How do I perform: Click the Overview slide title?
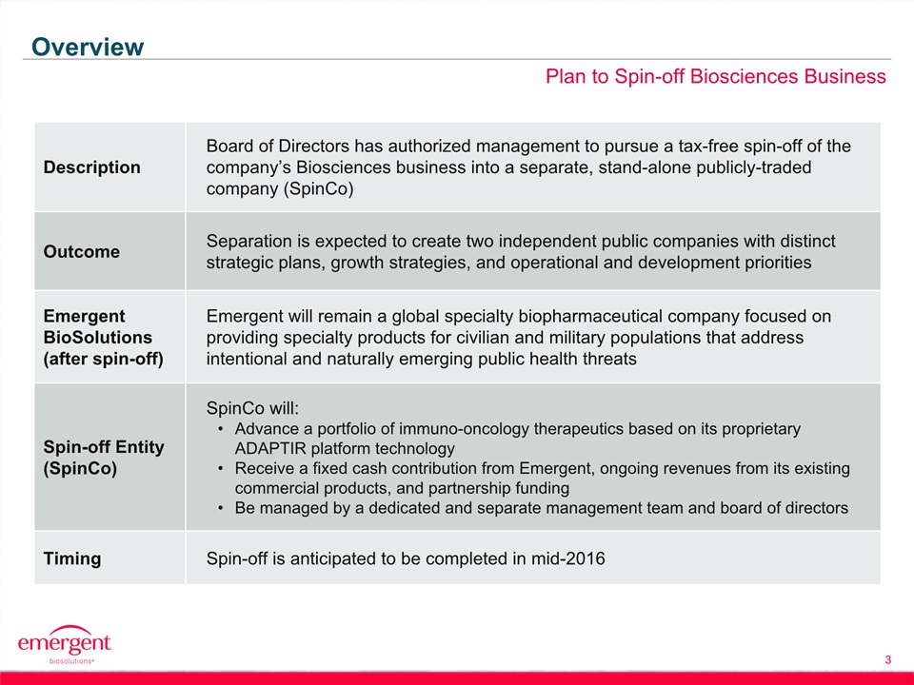pos(88,47)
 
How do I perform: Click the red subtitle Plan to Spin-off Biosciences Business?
pos(715,76)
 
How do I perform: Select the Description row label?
pos(92,167)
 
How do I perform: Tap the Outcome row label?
pos(82,251)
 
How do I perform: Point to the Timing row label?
pos(72,558)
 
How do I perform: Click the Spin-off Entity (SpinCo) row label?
pos(104,458)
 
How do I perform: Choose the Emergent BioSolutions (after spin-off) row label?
pos(103,337)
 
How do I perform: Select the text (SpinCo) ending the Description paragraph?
pos(318,188)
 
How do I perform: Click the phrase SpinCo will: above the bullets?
pos(252,408)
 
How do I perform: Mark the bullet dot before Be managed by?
pos(220,508)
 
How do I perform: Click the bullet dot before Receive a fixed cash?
pos(220,469)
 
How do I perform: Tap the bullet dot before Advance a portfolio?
pos(220,429)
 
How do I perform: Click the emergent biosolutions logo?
pos(64,645)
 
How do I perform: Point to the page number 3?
pos(887,660)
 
